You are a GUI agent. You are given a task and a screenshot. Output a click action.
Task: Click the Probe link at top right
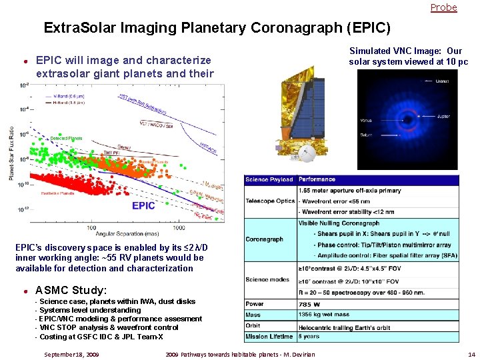coord(443,7)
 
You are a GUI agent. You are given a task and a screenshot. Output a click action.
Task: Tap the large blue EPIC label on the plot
coord(143,205)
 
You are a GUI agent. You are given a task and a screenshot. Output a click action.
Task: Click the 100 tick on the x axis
coord(91,227)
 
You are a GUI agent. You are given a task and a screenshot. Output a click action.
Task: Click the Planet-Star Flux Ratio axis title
coord(11,153)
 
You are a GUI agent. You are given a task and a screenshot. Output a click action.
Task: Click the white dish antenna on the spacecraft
coord(307,155)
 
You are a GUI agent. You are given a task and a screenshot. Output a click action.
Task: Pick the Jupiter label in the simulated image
coord(443,116)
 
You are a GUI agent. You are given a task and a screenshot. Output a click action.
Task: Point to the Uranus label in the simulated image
coord(443,81)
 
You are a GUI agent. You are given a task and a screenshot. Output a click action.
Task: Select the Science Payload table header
coord(269,179)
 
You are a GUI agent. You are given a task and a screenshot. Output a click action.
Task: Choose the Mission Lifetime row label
coord(269,337)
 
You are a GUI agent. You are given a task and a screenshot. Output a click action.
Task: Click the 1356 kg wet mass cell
coord(325,315)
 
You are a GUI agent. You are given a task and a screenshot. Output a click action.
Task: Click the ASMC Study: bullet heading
coord(71,290)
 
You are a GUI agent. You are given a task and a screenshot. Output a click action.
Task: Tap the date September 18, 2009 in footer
coord(71,354)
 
